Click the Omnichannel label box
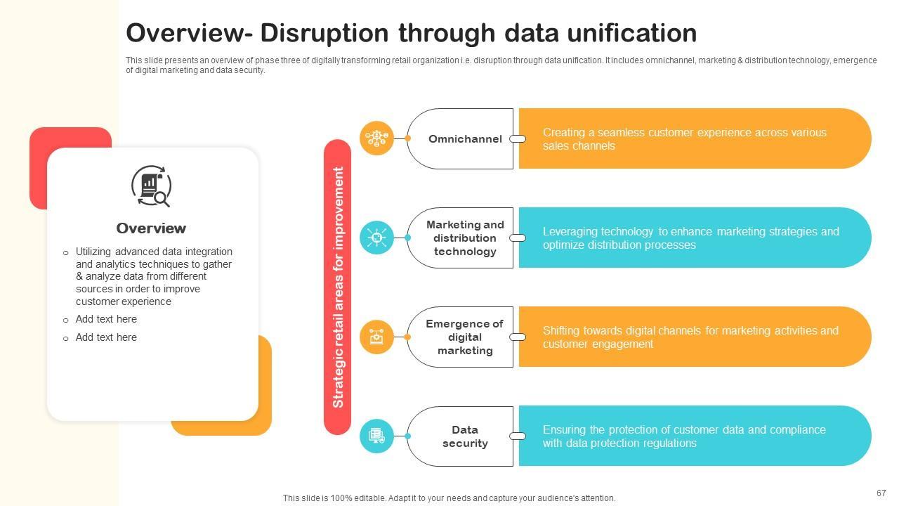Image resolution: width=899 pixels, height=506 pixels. pos(464,139)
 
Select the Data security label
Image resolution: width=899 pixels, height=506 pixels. pos(464,436)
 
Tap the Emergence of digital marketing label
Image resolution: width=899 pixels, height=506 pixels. pos(464,337)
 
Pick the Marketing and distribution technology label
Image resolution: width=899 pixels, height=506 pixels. pos(464,238)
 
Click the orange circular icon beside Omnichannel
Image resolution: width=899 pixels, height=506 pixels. pos(376,138)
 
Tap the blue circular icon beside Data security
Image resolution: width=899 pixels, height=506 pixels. pos(376,436)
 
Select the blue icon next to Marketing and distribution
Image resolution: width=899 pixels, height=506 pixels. pos(376,238)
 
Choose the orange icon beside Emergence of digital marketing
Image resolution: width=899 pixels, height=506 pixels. pos(376,337)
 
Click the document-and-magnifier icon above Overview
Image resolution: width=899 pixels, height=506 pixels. pos(151,186)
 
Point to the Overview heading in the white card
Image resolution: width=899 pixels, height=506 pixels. pos(151,228)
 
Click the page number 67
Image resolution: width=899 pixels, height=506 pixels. pos(881,493)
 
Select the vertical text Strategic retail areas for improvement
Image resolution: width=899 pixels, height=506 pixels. pos(338,287)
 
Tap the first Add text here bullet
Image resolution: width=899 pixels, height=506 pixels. pos(106,319)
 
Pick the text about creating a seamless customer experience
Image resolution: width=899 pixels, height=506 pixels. pos(684,139)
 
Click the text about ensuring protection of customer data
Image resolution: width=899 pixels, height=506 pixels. pos(684,436)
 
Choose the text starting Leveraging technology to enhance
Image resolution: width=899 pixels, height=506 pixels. pos(690,238)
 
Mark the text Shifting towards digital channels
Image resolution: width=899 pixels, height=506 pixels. pos(690,337)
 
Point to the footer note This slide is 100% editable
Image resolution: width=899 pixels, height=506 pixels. pos(449,498)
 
